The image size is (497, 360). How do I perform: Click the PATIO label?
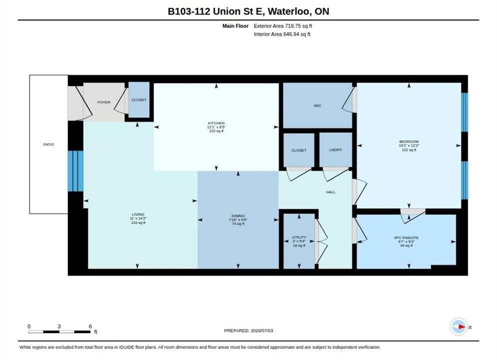click(x=48, y=144)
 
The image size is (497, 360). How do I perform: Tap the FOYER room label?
click(x=104, y=102)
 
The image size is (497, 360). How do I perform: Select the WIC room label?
click(x=317, y=106)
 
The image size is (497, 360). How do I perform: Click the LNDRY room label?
click(x=335, y=150)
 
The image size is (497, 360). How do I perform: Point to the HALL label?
click(x=331, y=192)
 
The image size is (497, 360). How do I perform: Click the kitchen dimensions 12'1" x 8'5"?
click(x=216, y=127)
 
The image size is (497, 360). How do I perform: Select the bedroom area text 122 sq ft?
click(x=409, y=150)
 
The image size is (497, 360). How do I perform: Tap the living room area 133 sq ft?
click(x=138, y=223)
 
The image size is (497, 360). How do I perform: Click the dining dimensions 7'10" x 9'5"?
click(x=238, y=220)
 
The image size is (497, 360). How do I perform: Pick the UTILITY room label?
click(x=299, y=237)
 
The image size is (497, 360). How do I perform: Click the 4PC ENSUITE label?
click(x=406, y=237)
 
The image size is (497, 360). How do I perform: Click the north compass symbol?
click(x=459, y=326)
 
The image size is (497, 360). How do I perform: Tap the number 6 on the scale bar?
click(x=90, y=326)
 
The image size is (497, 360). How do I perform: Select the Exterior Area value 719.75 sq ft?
click(x=298, y=26)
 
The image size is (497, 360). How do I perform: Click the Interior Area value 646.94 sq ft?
click(x=296, y=34)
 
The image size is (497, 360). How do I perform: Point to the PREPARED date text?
click(x=248, y=330)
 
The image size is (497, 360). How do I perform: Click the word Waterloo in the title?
click(x=289, y=11)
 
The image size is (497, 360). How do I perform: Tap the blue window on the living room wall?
click(x=76, y=171)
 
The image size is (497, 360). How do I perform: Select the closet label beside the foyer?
click(x=139, y=100)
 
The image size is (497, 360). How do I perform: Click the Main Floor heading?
click(x=235, y=26)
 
